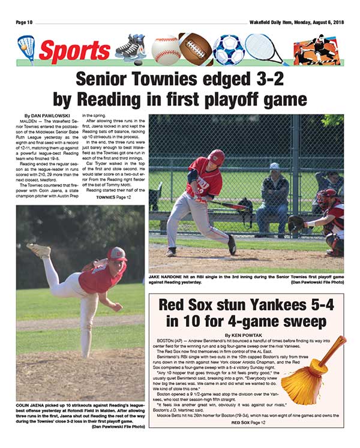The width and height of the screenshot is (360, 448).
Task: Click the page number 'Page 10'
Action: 26,23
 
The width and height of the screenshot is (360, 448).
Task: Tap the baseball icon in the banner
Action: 166,50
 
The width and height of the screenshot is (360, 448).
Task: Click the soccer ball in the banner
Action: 229,50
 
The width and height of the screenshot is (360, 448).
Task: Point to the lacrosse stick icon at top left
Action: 26,47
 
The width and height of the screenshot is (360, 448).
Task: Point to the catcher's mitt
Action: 295,224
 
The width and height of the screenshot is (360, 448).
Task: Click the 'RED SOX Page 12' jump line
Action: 246,423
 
